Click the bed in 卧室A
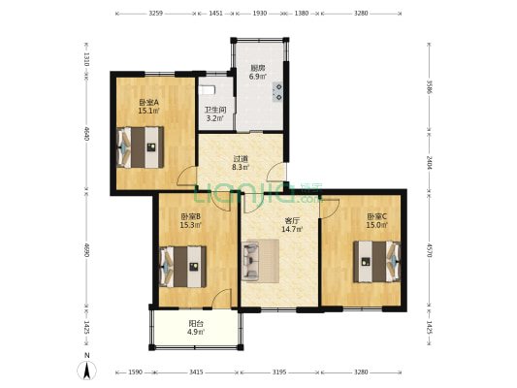(x=141, y=148)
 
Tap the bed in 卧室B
(x=183, y=265)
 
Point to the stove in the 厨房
(x=278, y=93)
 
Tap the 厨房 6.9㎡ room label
(x=258, y=72)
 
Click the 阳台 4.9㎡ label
(x=198, y=327)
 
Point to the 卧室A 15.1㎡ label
(x=148, y=107)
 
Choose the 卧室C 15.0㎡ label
(x=376, y=221)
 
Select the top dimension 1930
(x=259, y=14)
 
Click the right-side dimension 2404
(x=428, y=161)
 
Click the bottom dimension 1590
(x=134, y=372)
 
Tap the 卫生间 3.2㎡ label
(x=214, y=114)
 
